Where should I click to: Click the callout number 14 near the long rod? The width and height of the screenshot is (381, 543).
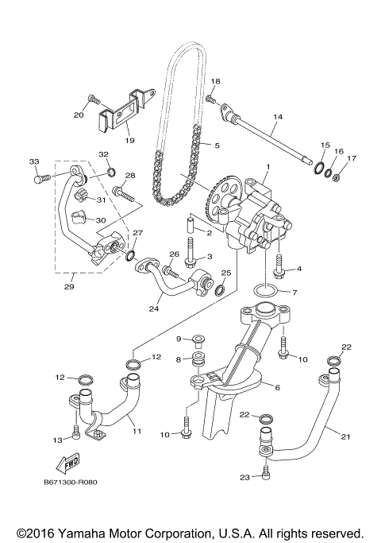click(x=277, y=117)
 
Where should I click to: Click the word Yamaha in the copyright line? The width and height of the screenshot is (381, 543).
click(x=87, y=533)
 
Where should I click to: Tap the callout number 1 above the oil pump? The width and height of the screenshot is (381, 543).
click(x=267, y=166)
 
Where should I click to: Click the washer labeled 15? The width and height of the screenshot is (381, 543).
click(x=319, y=169)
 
